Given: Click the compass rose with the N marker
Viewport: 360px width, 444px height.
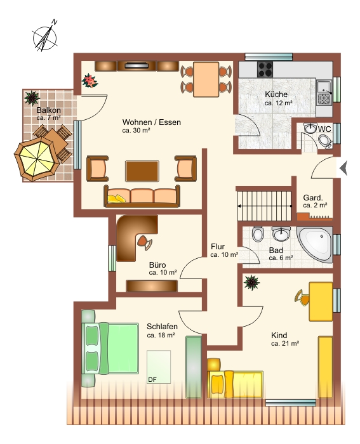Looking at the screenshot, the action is point(45,37).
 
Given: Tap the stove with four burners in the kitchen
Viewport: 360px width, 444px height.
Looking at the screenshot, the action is point(265,69).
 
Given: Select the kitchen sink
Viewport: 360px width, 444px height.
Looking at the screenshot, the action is point(324,93).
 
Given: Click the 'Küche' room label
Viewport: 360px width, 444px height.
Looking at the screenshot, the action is point(276,95).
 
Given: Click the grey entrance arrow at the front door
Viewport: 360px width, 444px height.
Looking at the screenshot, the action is point(343,168).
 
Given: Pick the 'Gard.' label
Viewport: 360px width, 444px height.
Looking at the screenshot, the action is point(313,198).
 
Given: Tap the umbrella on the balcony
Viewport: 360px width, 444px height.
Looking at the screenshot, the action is point(37,159).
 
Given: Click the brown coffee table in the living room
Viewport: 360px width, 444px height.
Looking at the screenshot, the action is point(142,171).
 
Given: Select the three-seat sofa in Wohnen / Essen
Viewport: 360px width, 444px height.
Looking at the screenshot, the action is point(142,196).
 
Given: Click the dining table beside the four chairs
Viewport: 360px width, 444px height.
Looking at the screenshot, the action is point(206,79).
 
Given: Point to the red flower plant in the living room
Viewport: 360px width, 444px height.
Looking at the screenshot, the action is point(90,81).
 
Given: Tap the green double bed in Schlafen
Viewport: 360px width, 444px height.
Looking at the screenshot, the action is point(110,348).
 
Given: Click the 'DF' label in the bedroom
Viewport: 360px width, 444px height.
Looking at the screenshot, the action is point(152,380).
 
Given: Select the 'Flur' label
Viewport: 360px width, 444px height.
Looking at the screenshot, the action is point(218,247).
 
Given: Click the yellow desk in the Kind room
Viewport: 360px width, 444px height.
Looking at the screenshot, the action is point(321,301).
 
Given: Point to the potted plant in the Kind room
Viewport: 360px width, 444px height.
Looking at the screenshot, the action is point(251,283).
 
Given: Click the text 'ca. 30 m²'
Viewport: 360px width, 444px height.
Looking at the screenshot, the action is point(136,131).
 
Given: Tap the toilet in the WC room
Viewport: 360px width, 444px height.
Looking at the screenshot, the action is point(325,141).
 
